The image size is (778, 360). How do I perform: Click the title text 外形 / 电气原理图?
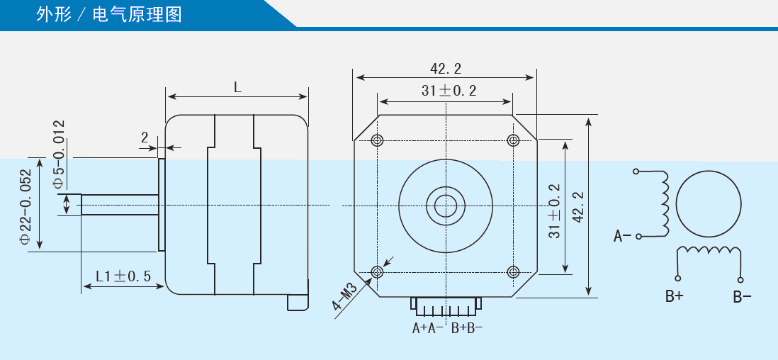pyautogui.click(x=108, y=14)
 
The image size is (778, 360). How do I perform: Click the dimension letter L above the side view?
pyautogui.click(x=237, y=87)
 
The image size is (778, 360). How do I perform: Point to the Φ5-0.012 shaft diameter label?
pyautogui.click(x=59, y=154)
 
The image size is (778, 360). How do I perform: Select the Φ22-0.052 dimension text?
pyautogui.click(x=26, y=206)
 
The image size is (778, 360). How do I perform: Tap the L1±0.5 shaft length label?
pyautogui.click(x=123, y=276)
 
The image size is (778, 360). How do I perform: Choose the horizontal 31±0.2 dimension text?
pyautogui.click(x=449, y=91)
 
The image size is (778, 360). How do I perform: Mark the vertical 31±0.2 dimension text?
pyautogui.click(x=556, y=211)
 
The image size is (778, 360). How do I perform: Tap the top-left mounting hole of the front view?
pyautogui.click(x=377, y=140)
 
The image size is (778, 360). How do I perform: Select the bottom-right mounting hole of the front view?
pyautogui.click(x=513, y=271)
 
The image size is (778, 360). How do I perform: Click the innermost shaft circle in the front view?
pyautogui.click(x=446, y=205)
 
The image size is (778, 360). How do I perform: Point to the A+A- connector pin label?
pyautogui.click(x=428, y=328)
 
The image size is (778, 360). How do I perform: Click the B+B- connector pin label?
pyautogui.click(x=467, y=328)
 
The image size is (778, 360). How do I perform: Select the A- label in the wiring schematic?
pyautogui.click(x=622, y=236)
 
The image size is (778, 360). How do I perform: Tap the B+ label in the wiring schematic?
pyautogui.click(x=675, y=297)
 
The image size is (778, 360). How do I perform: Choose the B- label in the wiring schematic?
pyautogui.click(x=743, y=297)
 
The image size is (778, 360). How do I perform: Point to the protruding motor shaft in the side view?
pyautogui.click(x=120, y=205)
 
